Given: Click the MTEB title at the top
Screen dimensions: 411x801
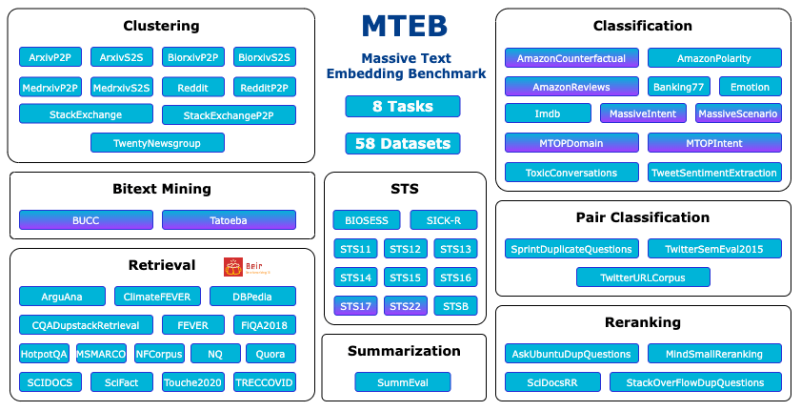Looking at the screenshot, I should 404,27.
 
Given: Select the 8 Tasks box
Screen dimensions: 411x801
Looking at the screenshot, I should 403,106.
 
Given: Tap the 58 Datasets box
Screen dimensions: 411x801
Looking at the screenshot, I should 403,144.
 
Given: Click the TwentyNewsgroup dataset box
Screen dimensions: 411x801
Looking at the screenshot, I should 158,143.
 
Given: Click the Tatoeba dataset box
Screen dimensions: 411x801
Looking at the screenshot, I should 229,220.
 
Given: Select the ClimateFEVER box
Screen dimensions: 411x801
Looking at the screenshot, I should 157,296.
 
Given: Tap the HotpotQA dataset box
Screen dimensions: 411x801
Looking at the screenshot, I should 44,354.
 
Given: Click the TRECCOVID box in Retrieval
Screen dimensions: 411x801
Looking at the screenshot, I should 264,382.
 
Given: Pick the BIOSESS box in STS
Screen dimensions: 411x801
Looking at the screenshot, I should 367,220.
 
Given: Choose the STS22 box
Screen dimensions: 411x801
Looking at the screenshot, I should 406,306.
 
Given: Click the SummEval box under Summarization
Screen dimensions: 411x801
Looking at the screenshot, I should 403,382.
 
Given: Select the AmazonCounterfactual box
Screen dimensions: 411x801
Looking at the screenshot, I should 571,58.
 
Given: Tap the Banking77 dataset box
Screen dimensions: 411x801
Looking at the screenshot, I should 679,87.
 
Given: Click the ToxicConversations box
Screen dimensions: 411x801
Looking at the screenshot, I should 571,173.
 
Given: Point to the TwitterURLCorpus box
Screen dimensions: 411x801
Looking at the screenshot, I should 643,277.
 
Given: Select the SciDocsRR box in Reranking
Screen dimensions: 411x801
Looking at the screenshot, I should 553,382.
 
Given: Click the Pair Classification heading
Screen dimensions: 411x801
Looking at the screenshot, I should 643,217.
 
